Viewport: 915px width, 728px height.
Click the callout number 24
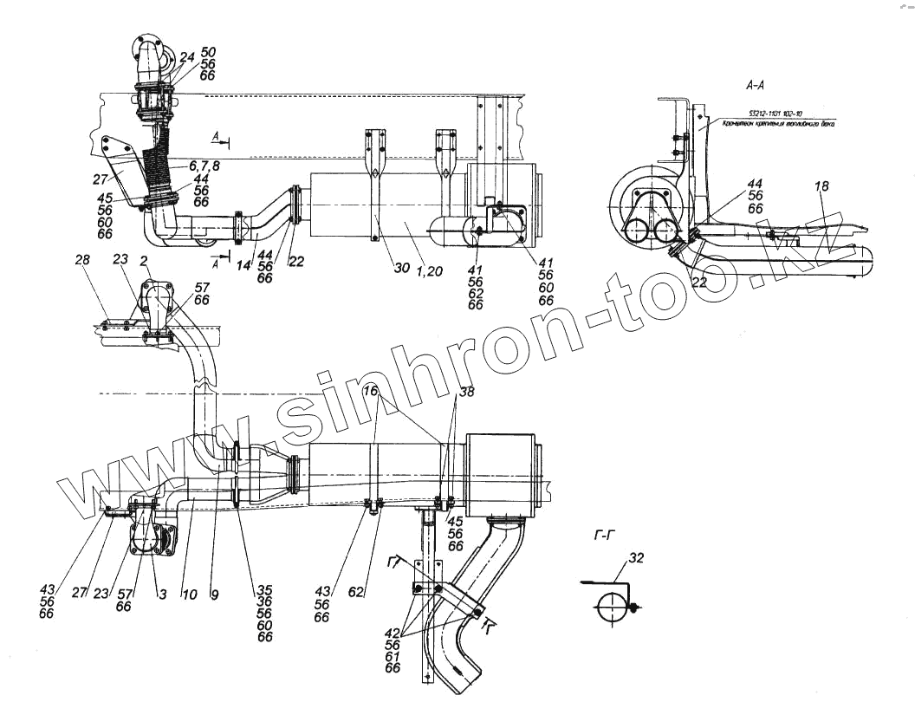point(187,57)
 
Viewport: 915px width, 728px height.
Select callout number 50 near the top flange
point(208,53)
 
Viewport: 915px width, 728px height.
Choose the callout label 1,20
point(429,271)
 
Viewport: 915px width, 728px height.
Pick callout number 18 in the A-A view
point(821,187)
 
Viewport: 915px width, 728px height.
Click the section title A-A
point(754,86)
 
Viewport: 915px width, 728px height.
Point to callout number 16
point(371,392)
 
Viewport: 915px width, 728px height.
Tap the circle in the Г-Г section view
point(611,608)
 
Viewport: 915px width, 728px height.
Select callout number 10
point(190,595)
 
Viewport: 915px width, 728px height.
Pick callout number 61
point(393,656)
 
